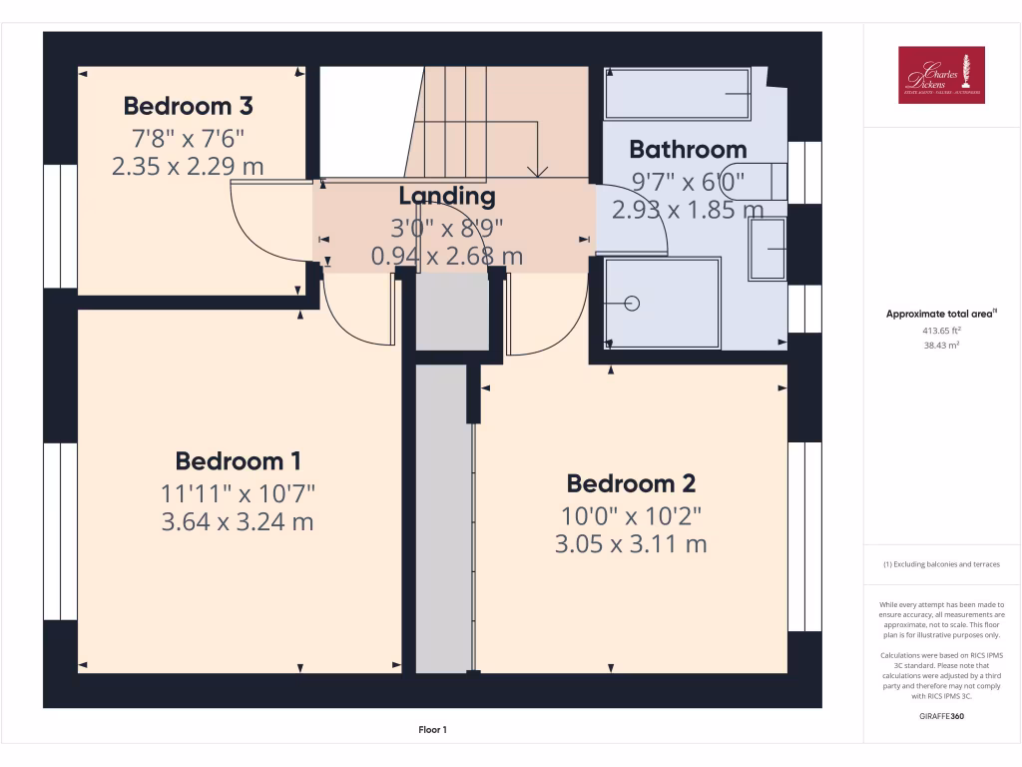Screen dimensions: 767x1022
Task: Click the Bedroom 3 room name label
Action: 188,106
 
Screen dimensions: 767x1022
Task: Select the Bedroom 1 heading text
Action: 238,461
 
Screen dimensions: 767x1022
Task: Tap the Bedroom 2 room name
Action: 631,484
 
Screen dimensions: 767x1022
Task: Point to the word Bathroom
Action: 688,150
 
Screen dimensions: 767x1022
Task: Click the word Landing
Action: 447,197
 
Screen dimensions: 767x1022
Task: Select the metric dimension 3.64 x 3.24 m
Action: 238,521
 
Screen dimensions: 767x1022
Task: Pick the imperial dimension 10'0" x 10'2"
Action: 631,516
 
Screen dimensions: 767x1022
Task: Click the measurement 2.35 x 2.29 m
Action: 188,166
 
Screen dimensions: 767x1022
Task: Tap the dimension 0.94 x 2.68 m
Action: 447,257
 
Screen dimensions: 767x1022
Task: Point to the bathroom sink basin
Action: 767,249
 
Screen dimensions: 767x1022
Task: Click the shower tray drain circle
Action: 631,305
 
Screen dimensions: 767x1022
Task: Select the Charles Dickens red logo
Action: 941,75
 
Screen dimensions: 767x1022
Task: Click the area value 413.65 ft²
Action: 941,330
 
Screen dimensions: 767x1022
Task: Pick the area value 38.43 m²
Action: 941,344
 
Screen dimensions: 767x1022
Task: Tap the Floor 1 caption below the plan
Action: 432,730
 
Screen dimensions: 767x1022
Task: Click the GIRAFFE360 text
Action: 941,715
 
